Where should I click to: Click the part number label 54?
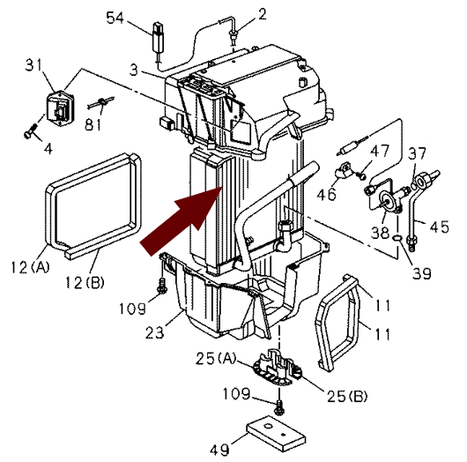tap(115, 18)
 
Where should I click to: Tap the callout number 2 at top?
tap(262, 14)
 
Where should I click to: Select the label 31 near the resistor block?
tap(33, 64)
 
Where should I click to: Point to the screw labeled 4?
tap(30, 131)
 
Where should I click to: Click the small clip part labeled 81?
tap(101, 102)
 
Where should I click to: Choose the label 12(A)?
tap(30, 267)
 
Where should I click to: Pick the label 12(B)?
tap(85, 282)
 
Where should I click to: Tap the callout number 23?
tap(154, 332)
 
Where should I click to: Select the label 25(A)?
tap(216, 358)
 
